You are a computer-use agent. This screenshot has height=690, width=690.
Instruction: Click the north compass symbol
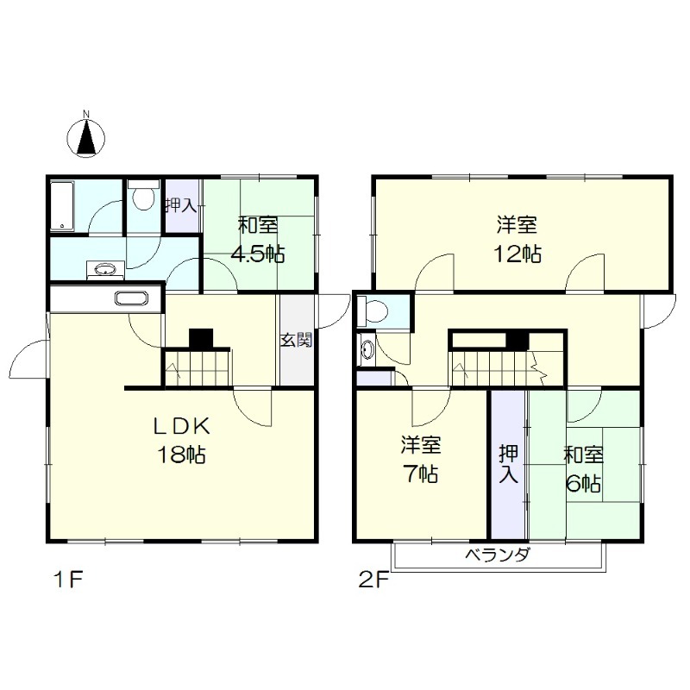pos(86,135)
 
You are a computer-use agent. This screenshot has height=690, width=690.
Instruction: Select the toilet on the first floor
pos(142,195)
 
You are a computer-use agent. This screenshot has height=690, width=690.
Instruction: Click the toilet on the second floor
pos(373,311)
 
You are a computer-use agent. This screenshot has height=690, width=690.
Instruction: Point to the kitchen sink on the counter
pos(132,298)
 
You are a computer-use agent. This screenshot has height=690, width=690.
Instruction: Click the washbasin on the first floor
pos(105,269)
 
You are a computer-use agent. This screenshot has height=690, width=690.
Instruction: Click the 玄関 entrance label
pos(297,340)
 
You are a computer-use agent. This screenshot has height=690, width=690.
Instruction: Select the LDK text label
pos(181,426)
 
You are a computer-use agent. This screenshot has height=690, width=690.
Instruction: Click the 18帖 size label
pos(182,455)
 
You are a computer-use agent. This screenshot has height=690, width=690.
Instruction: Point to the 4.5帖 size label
pos(258,254)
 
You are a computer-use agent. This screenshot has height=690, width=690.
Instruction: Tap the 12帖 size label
pos(517,254)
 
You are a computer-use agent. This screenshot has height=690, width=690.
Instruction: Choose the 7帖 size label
pos(421,474)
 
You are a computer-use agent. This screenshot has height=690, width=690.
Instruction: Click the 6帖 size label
pos(584,484)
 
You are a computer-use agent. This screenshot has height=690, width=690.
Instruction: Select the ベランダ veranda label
pos(498,555)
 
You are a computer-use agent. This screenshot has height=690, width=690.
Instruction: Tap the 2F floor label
pos(373,580)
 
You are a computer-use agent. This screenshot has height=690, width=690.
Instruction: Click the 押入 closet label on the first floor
pos(181,205)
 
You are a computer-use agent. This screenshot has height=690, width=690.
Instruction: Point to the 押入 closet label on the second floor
pos(509,464)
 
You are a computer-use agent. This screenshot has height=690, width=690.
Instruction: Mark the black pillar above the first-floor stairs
pos(201,339)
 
